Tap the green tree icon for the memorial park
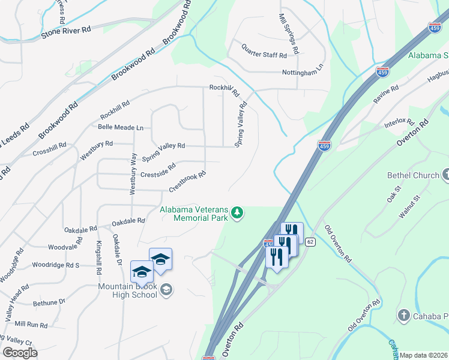238,214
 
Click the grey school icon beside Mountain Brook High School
167,290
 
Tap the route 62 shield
310,242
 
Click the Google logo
20,352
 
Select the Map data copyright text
424,355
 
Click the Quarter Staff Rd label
264,54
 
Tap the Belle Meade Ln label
121,127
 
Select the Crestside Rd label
158,170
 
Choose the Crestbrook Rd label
187,182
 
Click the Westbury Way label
133,174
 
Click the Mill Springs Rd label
289,32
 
